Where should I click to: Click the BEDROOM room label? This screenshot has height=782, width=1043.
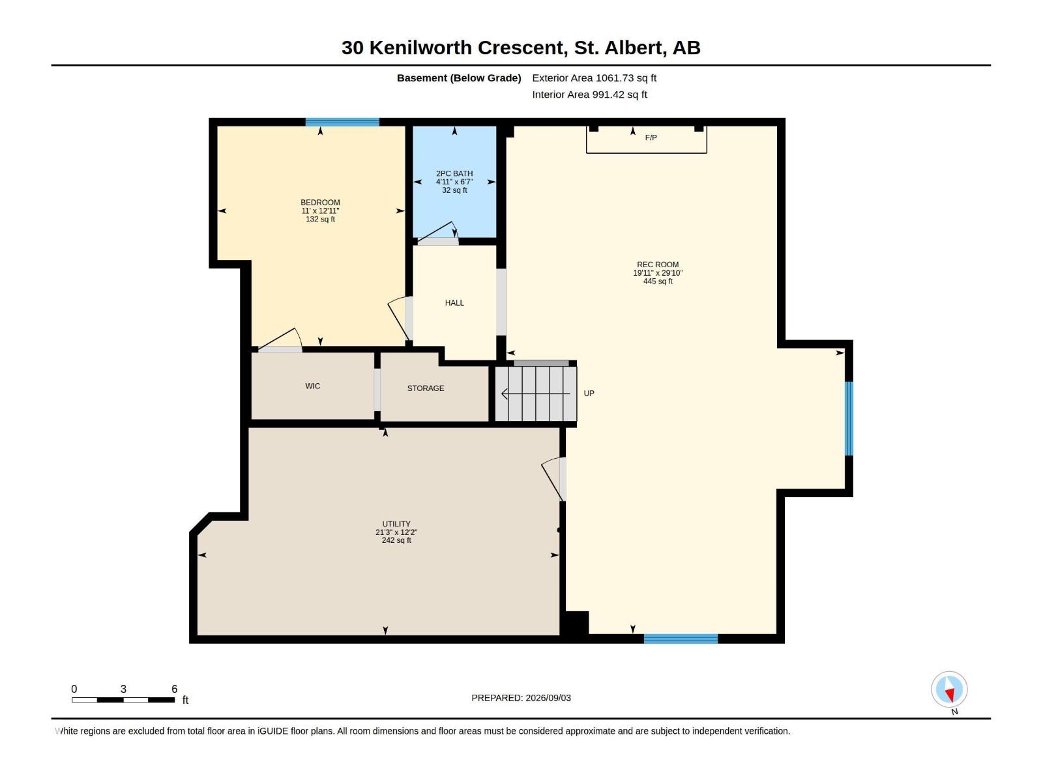click(x=320, y=202)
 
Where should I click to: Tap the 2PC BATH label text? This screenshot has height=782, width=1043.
click(x=454, y=173)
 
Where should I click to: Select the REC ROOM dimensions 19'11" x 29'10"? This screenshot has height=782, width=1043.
click(x=658, y=273)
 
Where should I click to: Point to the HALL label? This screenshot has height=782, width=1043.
click(x=454, y=303)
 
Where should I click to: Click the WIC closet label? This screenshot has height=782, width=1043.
click(x=313, y=386)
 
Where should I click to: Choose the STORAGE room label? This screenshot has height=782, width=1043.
click(x=426, y=388)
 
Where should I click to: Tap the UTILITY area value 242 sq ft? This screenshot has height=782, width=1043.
click(x=396, y=540)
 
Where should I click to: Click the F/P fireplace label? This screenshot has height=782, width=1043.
click(x=651, y=138)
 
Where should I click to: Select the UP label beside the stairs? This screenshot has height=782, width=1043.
click(x=589, y=393)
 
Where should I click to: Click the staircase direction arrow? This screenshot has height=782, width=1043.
click(x=536, y=394)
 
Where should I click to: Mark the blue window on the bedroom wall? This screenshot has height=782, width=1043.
click(x=342, y=122)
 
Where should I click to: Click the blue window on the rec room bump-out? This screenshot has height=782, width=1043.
click(x=849, y=418)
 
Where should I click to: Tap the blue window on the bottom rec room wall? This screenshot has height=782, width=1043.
click(x=681, y=639)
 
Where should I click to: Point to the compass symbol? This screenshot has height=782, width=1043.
click(x=949, y=689)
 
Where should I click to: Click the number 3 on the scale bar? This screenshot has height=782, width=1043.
click(x=124, y=689)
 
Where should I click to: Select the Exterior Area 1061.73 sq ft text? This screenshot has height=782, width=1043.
click(x=594, y=78)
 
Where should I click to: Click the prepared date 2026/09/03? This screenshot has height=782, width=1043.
click(x=548, y=698)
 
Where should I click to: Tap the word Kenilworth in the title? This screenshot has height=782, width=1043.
click(x=420, y=48)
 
